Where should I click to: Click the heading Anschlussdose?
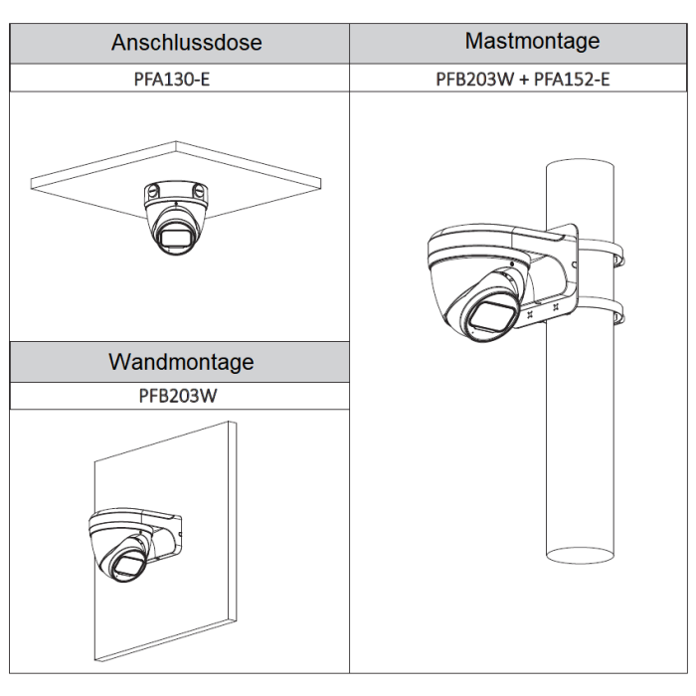pos(187,43)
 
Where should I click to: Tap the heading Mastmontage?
pos(532,42)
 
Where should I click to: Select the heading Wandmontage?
pos(181,362)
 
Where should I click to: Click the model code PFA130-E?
pos(171,79)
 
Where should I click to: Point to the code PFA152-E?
pos(572,79)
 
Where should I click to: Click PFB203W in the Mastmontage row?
pos(474,79)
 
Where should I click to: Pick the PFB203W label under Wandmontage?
pos(178,396)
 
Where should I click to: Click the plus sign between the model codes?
pos(524,80)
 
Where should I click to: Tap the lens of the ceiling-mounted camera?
pos(175,236)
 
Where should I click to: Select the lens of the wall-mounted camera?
pos(129,563)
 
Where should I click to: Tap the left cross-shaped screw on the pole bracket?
pos(529,315)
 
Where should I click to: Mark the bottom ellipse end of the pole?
pos(580,555)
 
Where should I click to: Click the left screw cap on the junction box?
pos(153,191)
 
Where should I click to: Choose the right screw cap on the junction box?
pos(199,191)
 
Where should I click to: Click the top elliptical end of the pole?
pos(580,164)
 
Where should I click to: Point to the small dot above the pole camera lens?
pos(512,264)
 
